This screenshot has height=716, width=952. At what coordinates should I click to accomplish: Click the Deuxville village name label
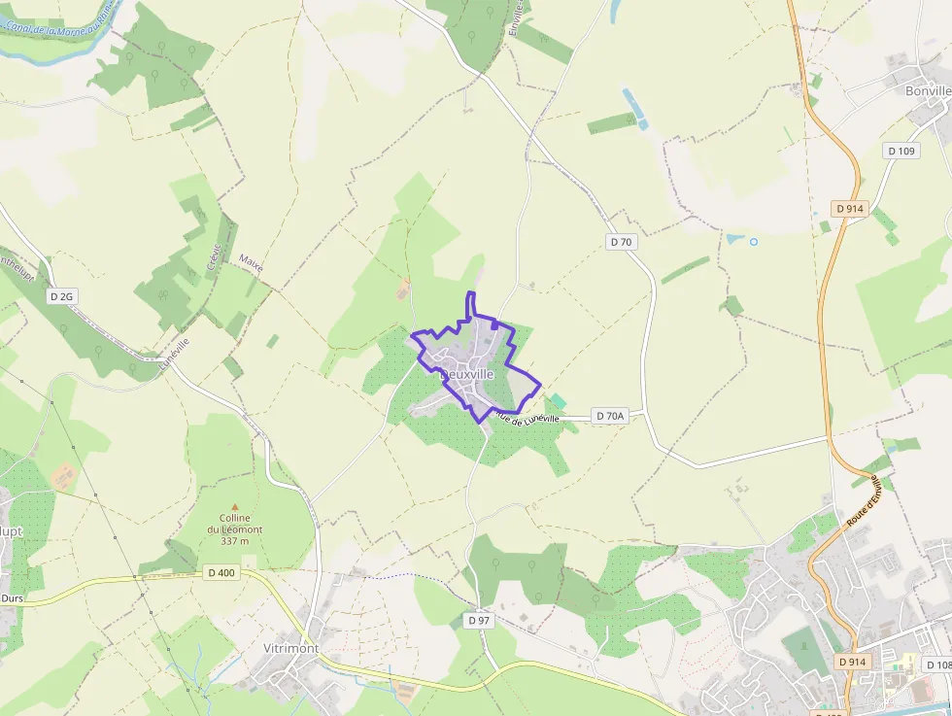click(x=467, y=374)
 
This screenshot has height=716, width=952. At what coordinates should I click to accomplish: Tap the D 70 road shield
click(x=622, y=242)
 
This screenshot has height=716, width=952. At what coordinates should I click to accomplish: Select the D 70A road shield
click(x=610, y=416)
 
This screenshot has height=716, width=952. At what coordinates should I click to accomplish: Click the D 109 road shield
click(x=901, y=151)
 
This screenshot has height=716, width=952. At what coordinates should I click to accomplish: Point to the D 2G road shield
click(x=61, y=296)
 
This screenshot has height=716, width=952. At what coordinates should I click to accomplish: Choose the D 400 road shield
click(x=221, y=573)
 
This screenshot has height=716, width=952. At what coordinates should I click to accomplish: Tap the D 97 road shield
click(x=479, y=620)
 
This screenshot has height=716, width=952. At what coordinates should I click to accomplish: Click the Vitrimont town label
click(x=291, y=648)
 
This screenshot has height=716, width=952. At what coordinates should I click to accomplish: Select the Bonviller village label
click(x=928, y=91)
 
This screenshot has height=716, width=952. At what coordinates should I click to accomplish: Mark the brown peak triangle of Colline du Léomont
click(x=234, y=506)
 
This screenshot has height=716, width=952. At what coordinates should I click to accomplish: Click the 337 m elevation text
click(x=234, y=541)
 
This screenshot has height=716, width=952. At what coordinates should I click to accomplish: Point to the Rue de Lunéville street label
click(x=526, y=418)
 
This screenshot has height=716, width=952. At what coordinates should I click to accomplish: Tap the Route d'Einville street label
click(x=864, y=501)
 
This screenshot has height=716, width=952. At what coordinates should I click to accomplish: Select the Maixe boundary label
click(x=252, y=263)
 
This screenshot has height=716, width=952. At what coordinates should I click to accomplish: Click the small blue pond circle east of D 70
click(x=753, y=240)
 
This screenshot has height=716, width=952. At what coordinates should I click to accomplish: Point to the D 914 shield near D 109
click(x=849, y=209)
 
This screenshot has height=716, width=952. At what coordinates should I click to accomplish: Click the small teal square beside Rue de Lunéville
click(x=559, y=401)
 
